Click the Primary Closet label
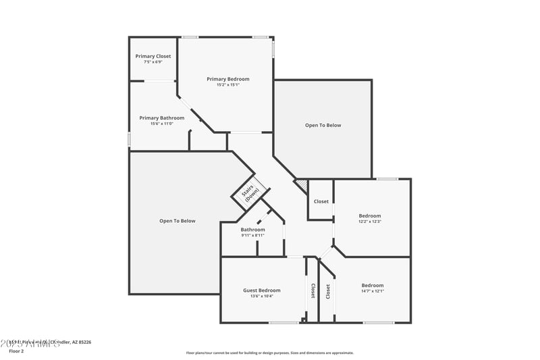point(153,56)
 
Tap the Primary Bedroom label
point(223,79)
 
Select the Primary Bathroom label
point(161,118)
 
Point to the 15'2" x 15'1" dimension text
point(223,85)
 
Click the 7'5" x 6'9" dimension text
point(153,61)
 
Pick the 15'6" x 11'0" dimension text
point(161,124)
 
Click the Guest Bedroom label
point(261,290)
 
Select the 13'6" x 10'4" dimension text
point(261,296)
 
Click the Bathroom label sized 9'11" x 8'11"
point(253,229)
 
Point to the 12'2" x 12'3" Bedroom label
point(370,216)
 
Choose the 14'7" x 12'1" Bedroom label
point(372,285)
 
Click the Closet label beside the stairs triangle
point(321,201)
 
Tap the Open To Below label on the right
point(323,125)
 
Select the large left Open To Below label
point(177,221)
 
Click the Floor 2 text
point(16,351)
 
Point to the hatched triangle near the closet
point(302,184)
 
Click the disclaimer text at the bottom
point(269,353)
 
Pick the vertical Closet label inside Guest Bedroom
point(313,290)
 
